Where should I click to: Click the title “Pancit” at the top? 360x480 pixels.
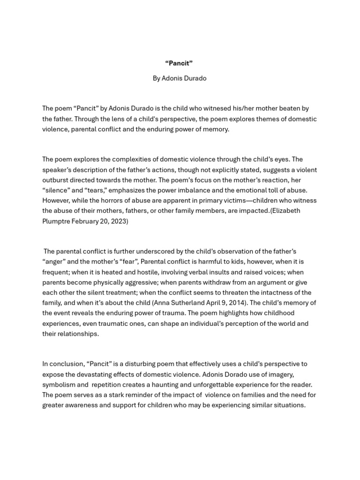179,63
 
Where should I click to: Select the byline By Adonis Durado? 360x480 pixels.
179,78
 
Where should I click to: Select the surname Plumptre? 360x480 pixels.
56,221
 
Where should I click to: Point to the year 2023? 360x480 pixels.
120,221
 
